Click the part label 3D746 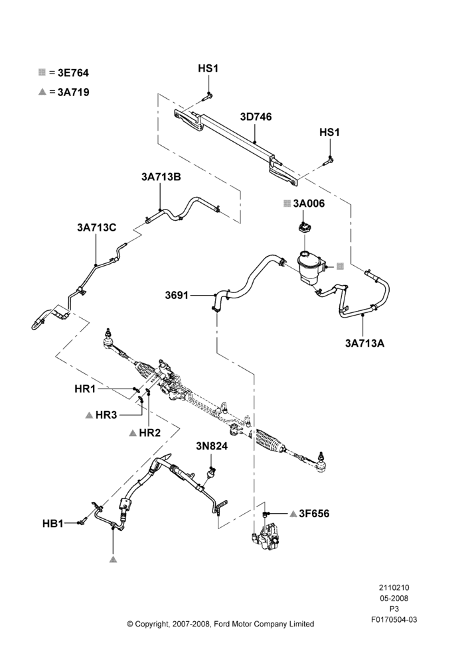click(256, 117)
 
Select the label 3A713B click(161, 177)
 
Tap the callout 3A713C click(96, 227)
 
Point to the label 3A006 click(309, 204)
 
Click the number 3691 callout click(177, 295)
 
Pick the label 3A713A click(364, 343)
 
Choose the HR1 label click(85, 389)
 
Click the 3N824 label click(212, 446)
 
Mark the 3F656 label click(314, 514)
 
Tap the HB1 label click(53, 524)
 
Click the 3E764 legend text click(73, 73)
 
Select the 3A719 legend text click(73, 92)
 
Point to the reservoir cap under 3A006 click(305, 227)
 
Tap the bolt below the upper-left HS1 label click(206, 97)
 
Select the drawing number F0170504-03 click(394, 619)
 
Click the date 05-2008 click(394, 598)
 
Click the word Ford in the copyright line click(223, 624)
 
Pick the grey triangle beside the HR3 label click(89, 415)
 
